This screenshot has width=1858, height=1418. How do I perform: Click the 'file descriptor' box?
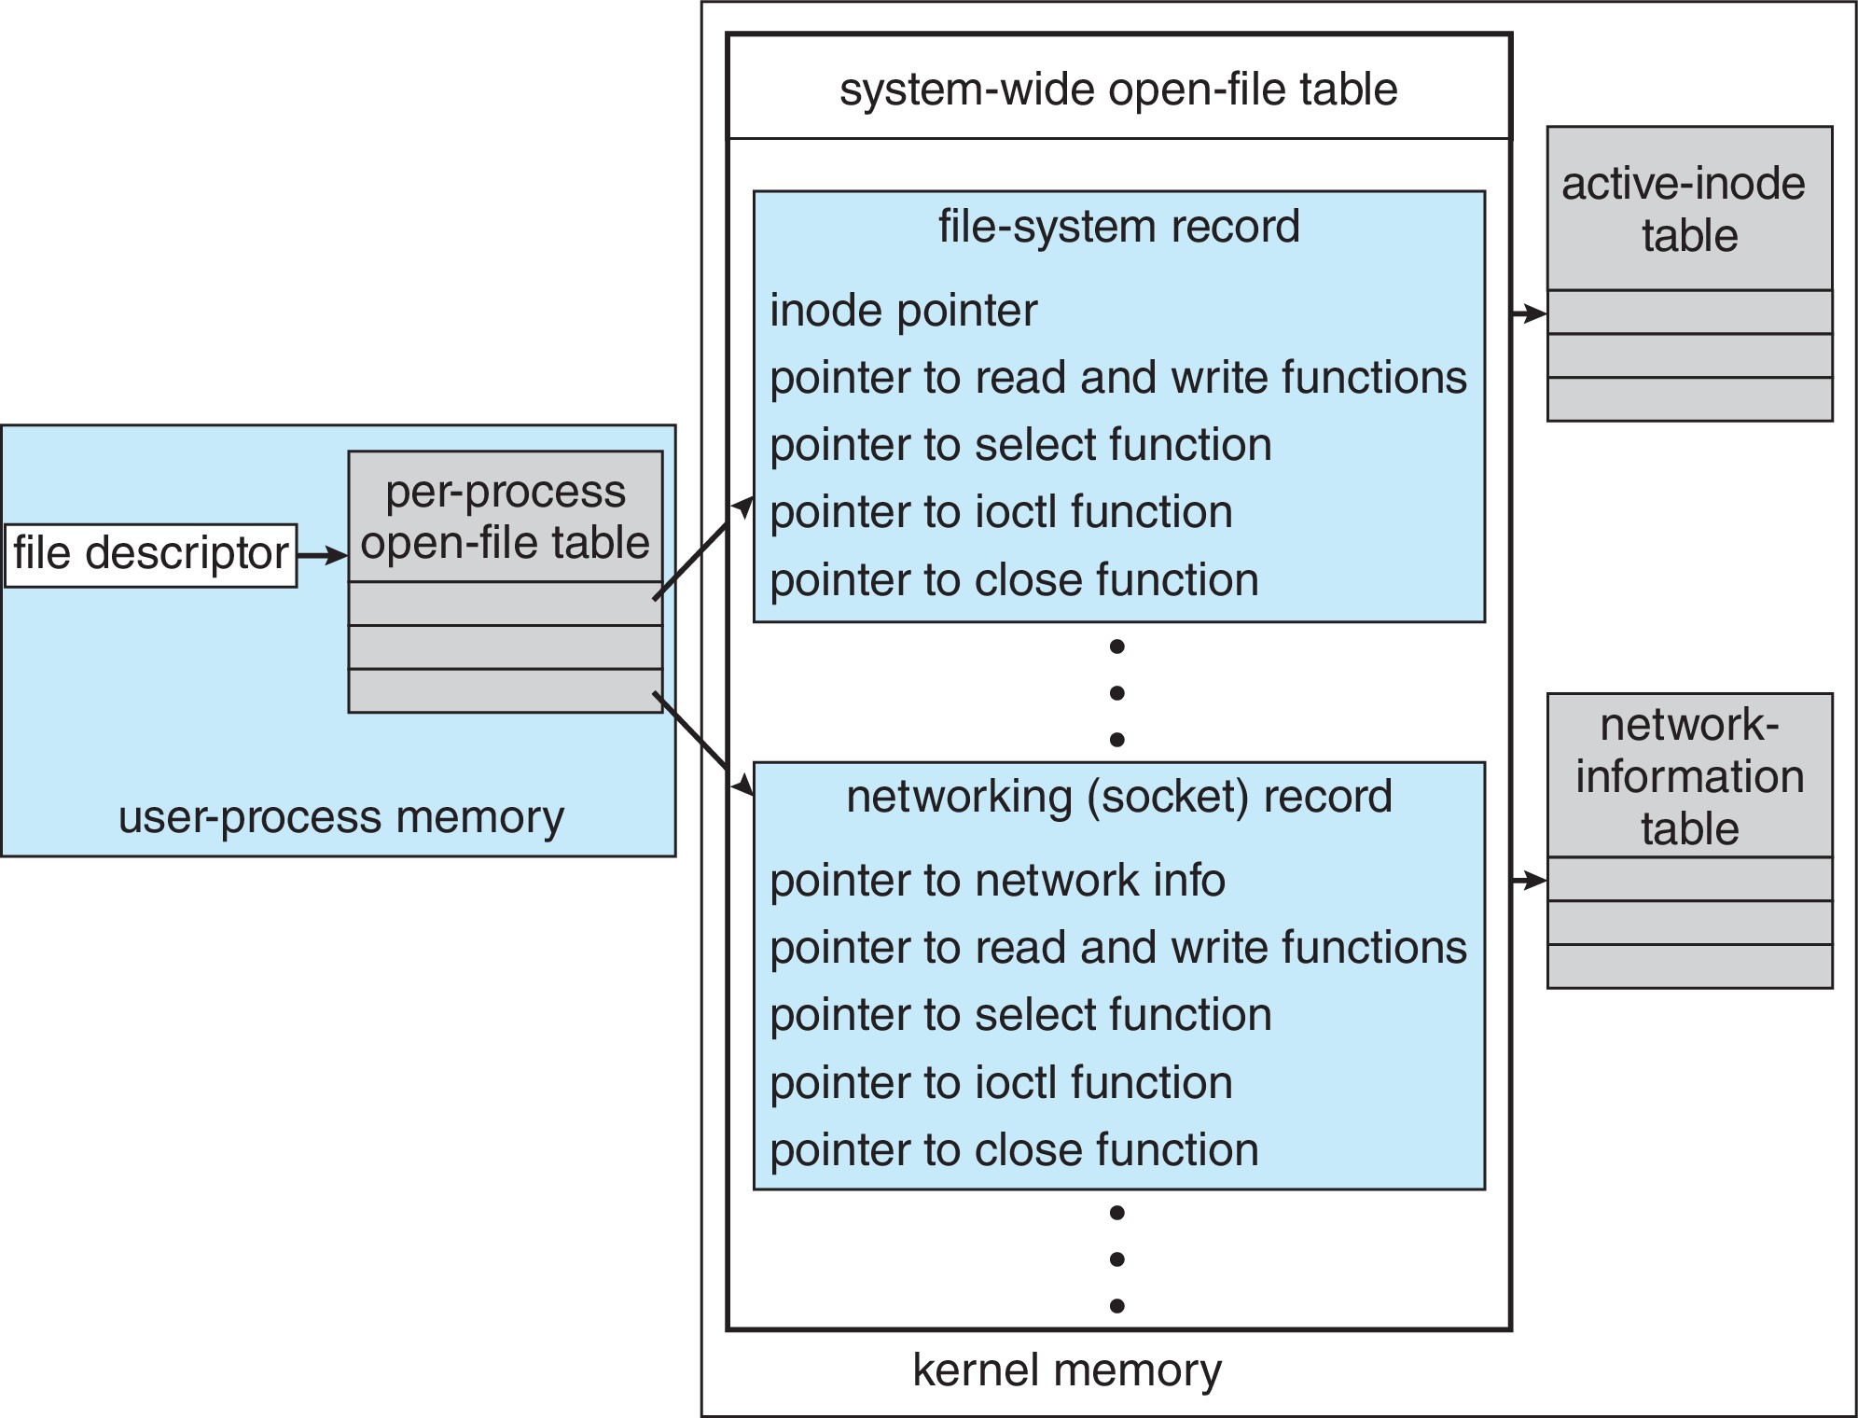pyautogui.click(x=150, y=555)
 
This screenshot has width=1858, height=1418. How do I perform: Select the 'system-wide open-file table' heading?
pyautogui.click(x=1117, y=90)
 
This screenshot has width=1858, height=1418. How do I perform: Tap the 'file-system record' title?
pyautogui.click(x=1118, y=227)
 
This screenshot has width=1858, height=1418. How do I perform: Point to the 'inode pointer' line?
pyautogui.click(x=903, y=311)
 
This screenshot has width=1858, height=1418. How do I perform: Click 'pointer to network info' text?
pyautogui.click(x=997, y=881)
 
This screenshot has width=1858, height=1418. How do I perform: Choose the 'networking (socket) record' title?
pyautogui.click(x=1118, y=797)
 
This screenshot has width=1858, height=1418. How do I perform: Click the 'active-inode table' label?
pyautogui.click(x=1688, y=209)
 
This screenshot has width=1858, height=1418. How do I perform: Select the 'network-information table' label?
pyautogui.click(x=1689, y=776)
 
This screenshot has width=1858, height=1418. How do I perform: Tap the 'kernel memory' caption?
pyautogui.click(x=1066, y=1370)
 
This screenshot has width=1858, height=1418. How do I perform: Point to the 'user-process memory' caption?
pyautogui.click(x=340, y=817)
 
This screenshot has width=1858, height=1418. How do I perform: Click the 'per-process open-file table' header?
pyautogui.click(x=505, y=517)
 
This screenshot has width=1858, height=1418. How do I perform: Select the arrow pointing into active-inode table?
pyautogui.click(x=1529, y=313)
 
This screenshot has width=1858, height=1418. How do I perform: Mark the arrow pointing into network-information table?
pyautogui.click(x=1529, y=880)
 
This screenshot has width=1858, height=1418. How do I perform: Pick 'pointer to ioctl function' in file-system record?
pyautogui.click(x=1001, y=512)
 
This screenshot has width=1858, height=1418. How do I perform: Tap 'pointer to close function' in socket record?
pyautogui.click(x=1014, y=1150)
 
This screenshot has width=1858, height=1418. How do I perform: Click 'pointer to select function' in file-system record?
pyautogui.click(x=1020, y=445)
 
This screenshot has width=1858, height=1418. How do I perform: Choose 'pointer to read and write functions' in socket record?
pyautogui.click(x=1117, y=948)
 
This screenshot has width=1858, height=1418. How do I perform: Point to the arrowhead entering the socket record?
pyautogui.click(x=742, y=785)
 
